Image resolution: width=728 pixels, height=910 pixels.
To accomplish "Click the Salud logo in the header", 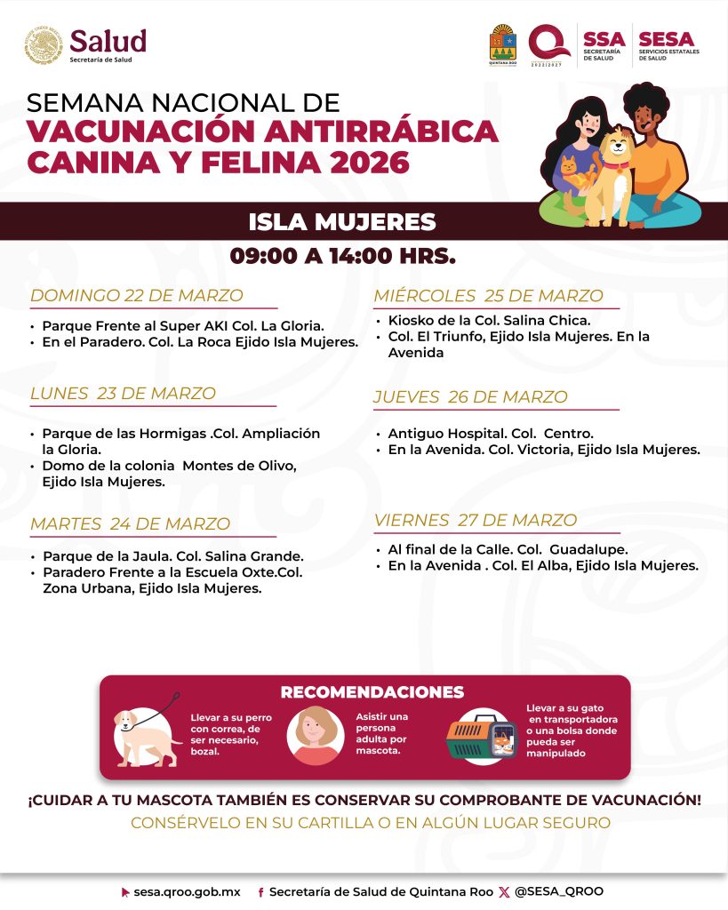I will pos(85,44).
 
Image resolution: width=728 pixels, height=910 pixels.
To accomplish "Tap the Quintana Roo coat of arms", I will pos(503,44).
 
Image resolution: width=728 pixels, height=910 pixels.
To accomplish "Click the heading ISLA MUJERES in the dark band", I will pos(342,222).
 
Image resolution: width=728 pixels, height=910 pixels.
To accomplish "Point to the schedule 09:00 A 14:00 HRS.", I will pos(342,257).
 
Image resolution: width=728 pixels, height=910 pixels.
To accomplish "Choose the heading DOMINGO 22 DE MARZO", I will pos(137,296).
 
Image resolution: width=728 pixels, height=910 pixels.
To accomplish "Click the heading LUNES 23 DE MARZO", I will pos(124,393).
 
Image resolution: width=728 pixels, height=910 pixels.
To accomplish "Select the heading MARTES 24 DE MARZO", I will pos(131,524).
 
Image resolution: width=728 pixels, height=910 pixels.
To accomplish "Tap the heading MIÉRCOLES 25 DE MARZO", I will pos(488,296).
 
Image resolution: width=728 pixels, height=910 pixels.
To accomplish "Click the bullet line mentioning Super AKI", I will pos(182,325).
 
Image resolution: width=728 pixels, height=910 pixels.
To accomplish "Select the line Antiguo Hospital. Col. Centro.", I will pos(491,434).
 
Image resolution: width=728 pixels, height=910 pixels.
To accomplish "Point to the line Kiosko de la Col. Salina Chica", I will pos(489,321).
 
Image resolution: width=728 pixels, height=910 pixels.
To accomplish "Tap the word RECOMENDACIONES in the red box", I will pos(372,692).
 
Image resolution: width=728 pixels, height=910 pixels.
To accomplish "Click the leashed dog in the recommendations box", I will pos(144,733).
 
